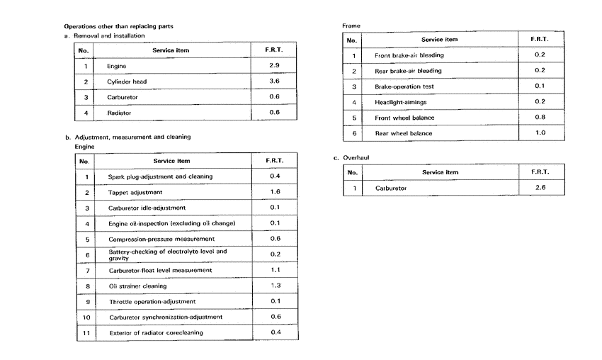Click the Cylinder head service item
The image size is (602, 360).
[x=127, y=81]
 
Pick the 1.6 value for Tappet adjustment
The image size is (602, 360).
[x=275, y=192]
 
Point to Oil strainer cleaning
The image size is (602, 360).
[x=137, y=286]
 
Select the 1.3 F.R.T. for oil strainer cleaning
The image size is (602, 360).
[x=275, y=286]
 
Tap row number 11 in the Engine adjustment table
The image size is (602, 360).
[x=86, y=332]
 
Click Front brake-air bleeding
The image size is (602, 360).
[x=409, y=55]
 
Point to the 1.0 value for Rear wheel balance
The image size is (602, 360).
[x=540, y=133]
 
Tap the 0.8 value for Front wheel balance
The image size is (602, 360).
[x=540, y=117]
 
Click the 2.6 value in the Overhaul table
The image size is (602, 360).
[x=540, y=188]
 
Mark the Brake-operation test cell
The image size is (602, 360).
[x=404, y=86]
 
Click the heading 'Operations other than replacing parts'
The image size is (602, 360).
[x=119, y=26]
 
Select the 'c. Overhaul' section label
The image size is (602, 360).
[x=352, y=158]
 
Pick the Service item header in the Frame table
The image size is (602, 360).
[x=439, y=40]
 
